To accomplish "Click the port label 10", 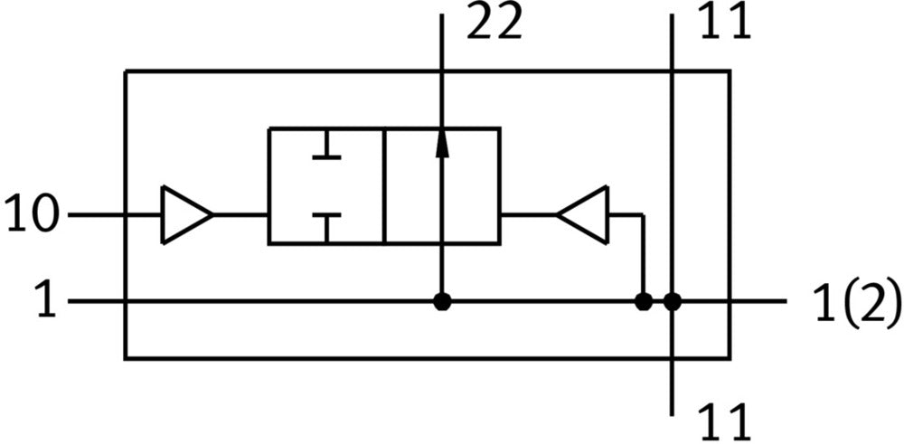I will (32, 216).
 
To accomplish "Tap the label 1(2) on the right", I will (857, 303).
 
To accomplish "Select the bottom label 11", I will (724, 421).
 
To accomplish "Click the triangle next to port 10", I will (184, 215).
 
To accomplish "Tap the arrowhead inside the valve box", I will (442, 143).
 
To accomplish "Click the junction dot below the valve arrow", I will (442, 302).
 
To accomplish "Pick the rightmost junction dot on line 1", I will (673, 302).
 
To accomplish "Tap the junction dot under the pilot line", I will (643, 302).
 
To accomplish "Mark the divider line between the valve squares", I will (383, 186).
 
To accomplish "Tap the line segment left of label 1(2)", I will (759, 302).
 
